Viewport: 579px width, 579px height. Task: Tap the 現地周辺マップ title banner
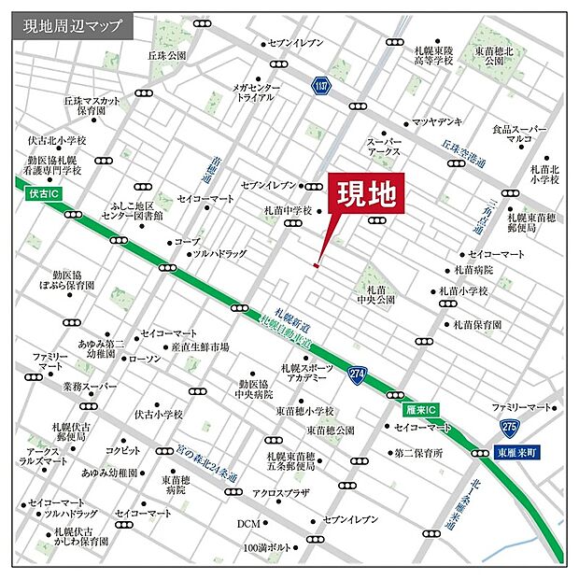point(72,26)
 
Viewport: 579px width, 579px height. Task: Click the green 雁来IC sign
point(422,409)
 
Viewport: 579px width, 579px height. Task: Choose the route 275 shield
point(508,427)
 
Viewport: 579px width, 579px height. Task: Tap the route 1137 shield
point(320,86)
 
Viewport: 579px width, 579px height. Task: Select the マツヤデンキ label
point(437,122)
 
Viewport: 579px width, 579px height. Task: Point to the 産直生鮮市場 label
point(200,347)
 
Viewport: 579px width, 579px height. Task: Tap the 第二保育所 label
point(417,453)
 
